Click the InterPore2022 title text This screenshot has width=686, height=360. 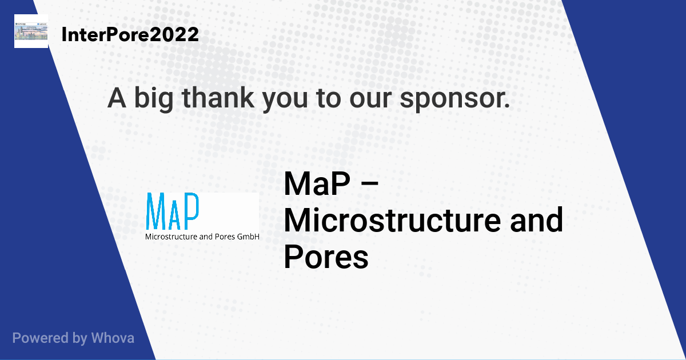(x=130, y=34)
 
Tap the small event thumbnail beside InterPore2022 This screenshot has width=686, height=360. (x=31, y=31)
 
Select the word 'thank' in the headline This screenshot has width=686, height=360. (x=218, y=98)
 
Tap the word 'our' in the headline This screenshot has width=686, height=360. (x=370, y=99)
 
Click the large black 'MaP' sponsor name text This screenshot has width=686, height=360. (x=317, y=183)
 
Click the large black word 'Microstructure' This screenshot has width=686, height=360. (x=393, y=220)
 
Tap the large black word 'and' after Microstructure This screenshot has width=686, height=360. (x=536, y=219)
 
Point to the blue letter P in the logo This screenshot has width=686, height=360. (x=191, y=211)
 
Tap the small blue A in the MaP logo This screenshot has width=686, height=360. (x=174, y=219)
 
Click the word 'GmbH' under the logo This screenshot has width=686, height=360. (x=248, y=237)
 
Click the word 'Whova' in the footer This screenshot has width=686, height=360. (x=113, y=338)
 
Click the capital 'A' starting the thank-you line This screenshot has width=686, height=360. (x=117, y=98)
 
